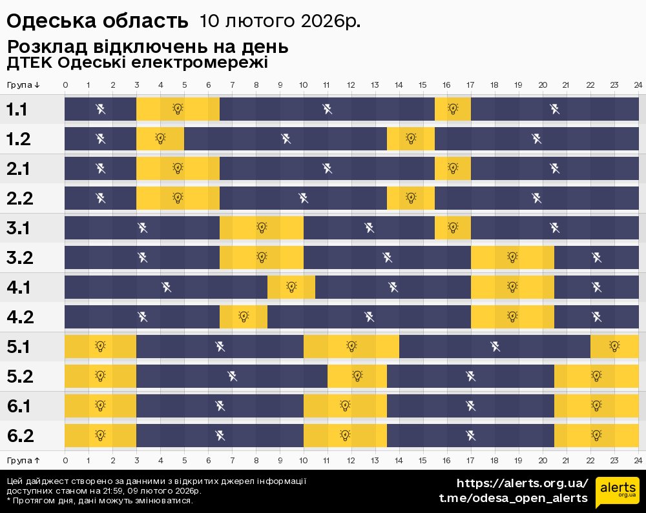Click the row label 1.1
tap(17, 110)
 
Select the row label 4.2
tap(19, 317)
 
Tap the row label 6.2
tap(19, 436)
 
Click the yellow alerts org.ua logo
tap(617, 493)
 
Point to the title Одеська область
tap(97, 21)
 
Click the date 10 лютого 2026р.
tap(280, 21)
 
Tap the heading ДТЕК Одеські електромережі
tap(137, 63)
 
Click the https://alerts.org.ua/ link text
tap(523, 483)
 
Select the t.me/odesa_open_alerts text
tap(514, 498)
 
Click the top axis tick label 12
tap(351, 85)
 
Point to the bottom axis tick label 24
tap(638, 460)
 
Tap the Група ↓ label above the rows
tap(24, 85)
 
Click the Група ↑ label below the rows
tap(24, 460)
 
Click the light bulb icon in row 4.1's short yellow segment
tap(291, 287)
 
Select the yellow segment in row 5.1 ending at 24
tap(614, 347)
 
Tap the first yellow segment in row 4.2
tap(244, 316)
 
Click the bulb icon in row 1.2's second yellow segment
tap(411, 138)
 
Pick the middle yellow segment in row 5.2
tap(357, 376)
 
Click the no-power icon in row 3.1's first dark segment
tap(143, 227)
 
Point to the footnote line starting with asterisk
tap(99, 501)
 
